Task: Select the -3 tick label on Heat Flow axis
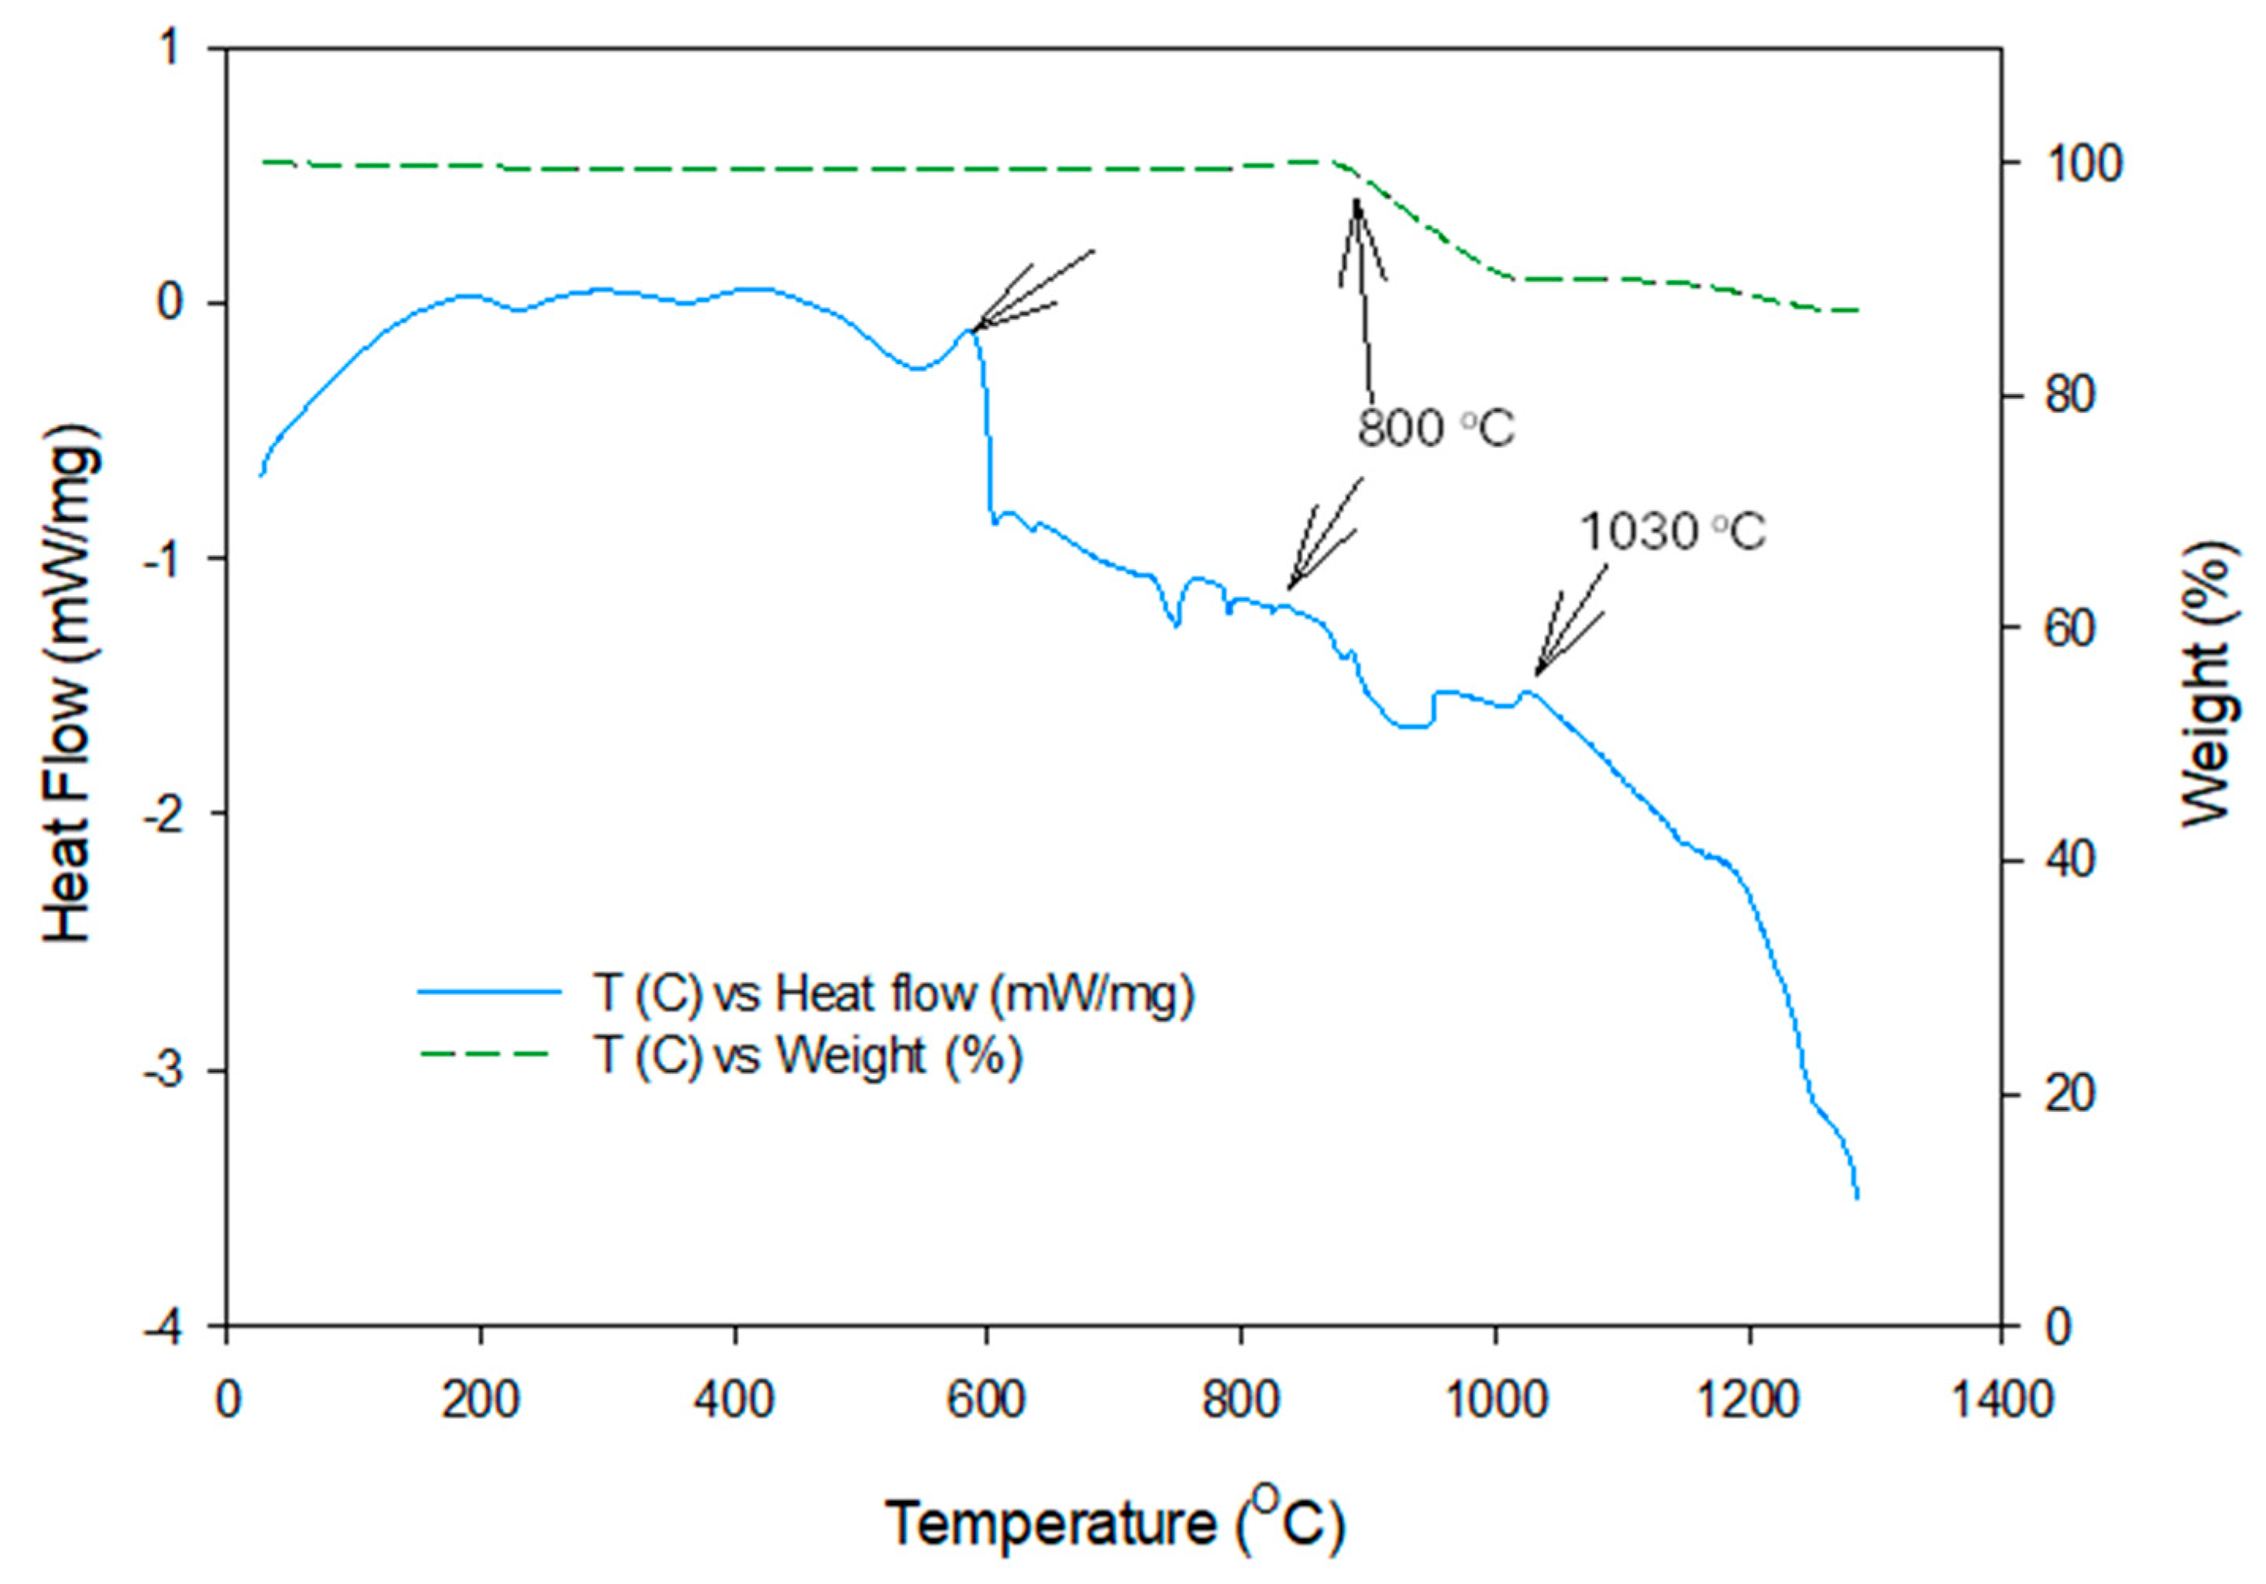pos(167,1071)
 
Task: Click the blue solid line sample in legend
pos(489,992)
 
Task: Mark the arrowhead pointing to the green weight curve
pos(1357,202)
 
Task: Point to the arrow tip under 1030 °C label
pos(1535,675)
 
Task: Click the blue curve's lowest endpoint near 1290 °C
pos(1858,1197)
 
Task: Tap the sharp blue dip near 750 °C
pos(1175,625)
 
